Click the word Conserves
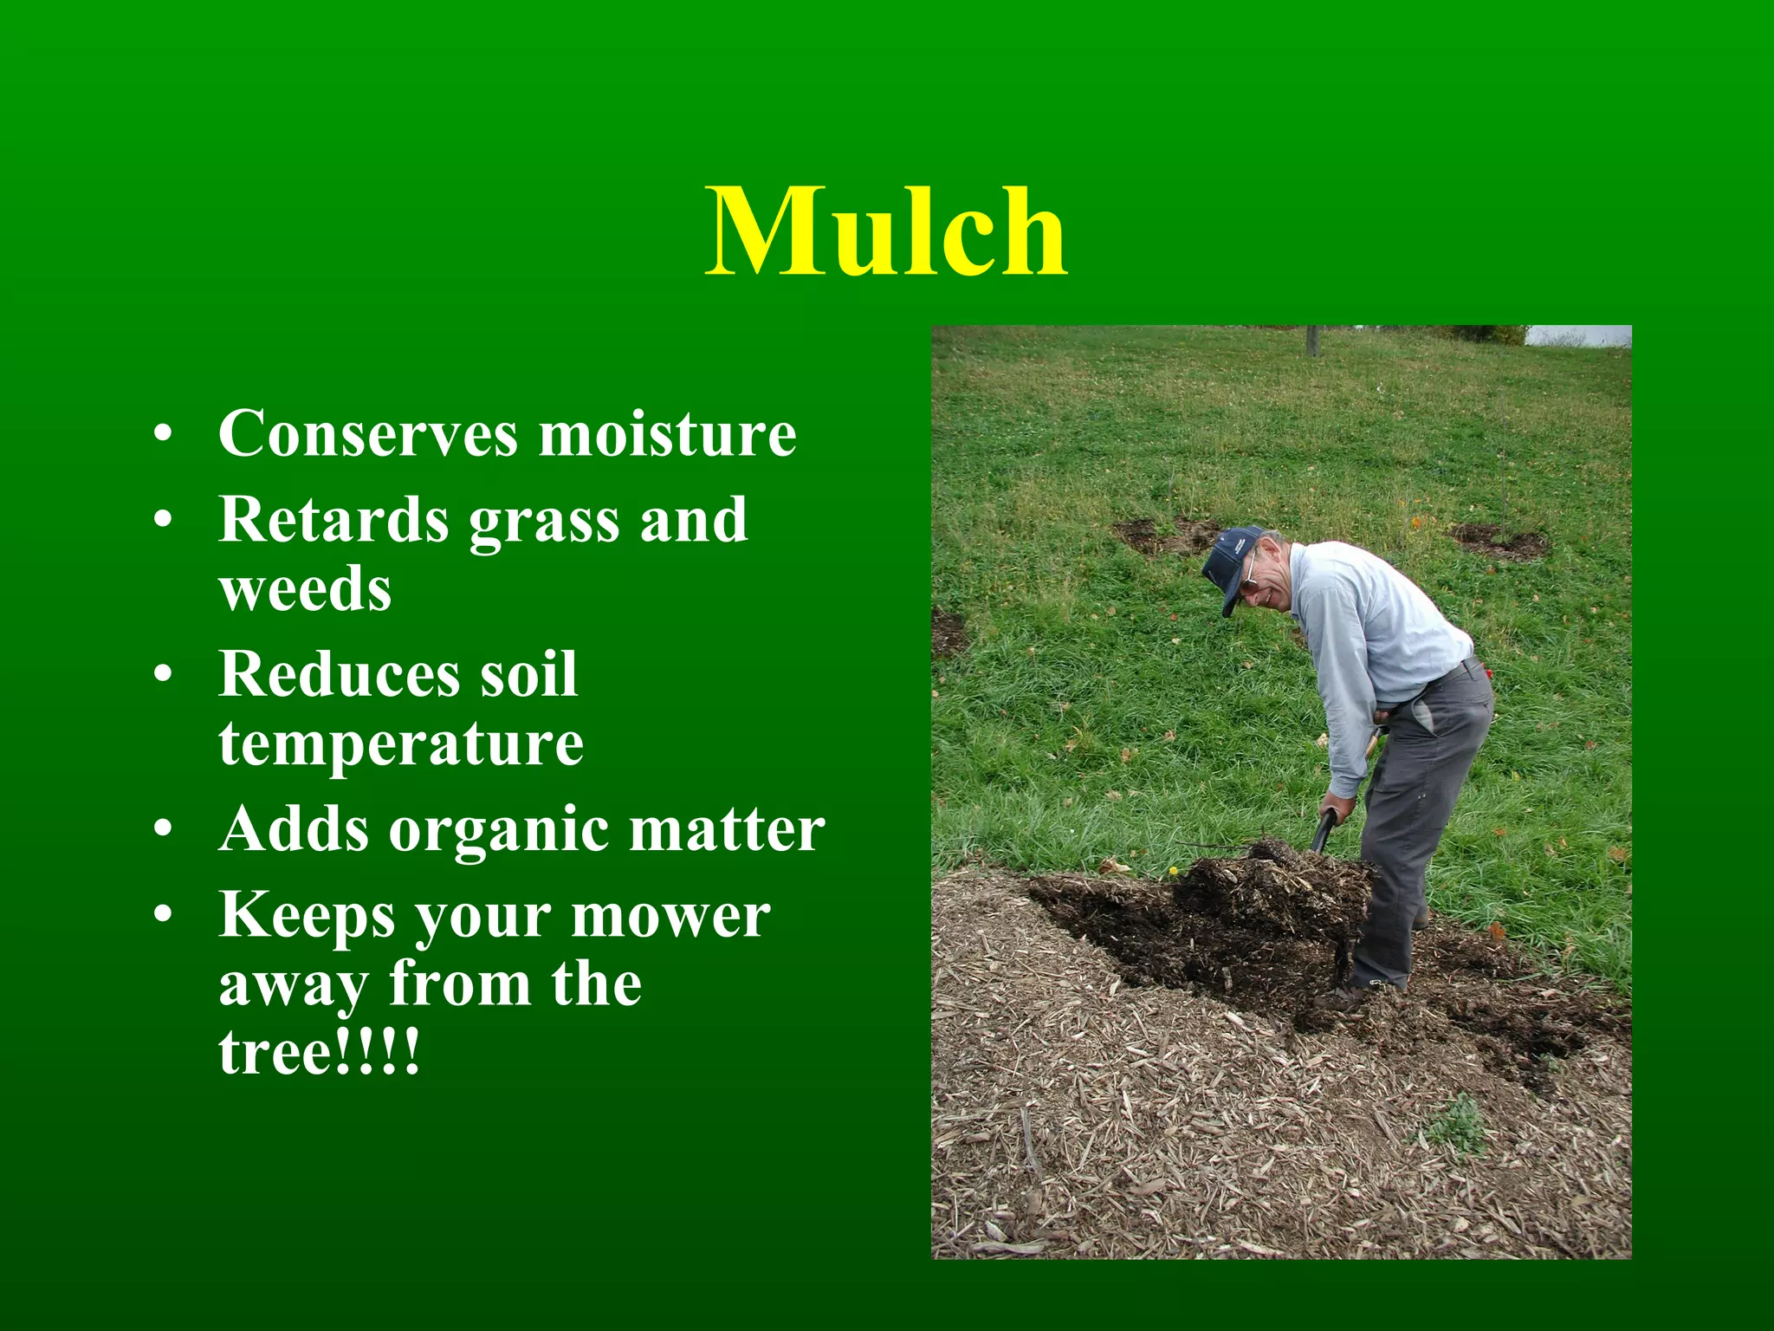[368, 433]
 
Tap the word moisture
[667, 433]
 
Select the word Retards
[333, 520]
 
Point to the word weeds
[305, 589]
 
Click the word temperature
[401, 743]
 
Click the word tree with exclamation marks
[319, 1052]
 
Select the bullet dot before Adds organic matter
[163, 830]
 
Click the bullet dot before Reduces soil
[163, 674]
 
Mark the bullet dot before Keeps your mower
[163, 915]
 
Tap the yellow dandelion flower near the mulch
[1174, 870]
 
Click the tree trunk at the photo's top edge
[1313, 340]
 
